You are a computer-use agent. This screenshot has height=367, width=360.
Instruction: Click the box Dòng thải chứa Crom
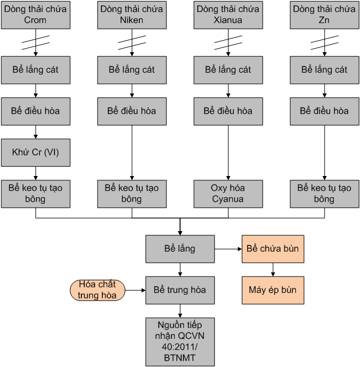coord(36,15)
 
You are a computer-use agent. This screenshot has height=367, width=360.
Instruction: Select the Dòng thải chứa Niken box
coord(132,15)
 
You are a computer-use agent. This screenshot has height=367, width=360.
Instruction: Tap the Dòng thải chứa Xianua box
coord(228,15)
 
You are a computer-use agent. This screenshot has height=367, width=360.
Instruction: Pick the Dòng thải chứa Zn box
coord(324,15)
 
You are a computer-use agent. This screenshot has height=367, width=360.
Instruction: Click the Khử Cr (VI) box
coord(36,153)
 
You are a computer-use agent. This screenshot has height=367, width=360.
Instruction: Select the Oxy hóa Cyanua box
coord(228,194)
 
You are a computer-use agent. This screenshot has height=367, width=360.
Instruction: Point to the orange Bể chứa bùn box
coord(273,249)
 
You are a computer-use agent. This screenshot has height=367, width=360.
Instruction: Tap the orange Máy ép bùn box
coord(273,290)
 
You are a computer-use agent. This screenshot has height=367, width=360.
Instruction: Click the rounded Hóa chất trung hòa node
coord(97,290)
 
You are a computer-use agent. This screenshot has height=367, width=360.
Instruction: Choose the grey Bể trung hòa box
coord(180,290)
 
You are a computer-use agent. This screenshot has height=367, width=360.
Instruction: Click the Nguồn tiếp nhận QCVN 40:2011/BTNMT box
coord(180,341)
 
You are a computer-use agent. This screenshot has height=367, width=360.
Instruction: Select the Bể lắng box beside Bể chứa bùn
coord(180,249)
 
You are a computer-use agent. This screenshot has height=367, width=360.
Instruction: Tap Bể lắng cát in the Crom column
coord(36,70)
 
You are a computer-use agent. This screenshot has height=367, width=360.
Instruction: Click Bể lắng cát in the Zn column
coord(324,70)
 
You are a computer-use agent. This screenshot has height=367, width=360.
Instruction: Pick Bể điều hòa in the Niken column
coord(132,111)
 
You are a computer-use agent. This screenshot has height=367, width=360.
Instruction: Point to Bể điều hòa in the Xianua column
coord(228,111)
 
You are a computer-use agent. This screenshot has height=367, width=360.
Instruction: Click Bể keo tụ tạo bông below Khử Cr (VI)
coord(36,194)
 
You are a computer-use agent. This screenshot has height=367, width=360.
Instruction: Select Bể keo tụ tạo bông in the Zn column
coord(324,194)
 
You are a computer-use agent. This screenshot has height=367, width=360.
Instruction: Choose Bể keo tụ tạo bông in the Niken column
coord(132,194)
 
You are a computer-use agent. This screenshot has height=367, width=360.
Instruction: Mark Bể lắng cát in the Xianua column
coord(228,70)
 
